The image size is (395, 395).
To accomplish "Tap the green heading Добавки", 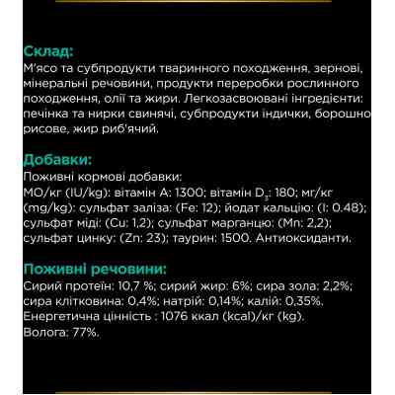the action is (x=57, y=160).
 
